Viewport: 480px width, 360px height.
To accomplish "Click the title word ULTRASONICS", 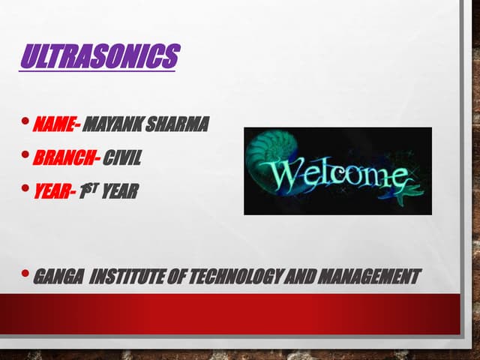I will [99, 57].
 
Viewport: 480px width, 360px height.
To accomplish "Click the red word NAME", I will [55, 124].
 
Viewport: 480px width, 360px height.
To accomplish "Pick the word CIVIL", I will [121, 158].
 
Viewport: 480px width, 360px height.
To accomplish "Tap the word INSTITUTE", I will [127, 276].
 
